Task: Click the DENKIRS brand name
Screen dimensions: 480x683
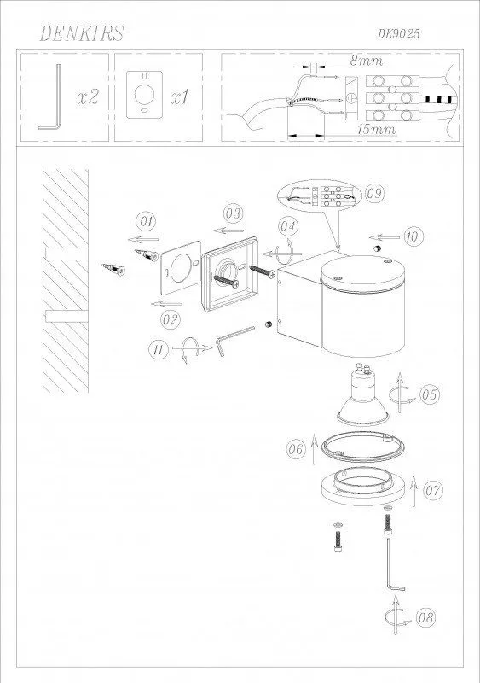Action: tap(82, 33)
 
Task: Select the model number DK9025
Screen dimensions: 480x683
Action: tap(398, 33)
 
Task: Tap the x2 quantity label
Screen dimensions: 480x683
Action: tap(88, 96)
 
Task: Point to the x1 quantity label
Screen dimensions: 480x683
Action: tap(180, 96)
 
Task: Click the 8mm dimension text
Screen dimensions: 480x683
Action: tap(367, 61)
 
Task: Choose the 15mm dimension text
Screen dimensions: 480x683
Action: tap(376, 130)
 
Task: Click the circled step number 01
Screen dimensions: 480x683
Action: tap(147, 222)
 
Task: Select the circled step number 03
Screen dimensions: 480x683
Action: tap(234, 214)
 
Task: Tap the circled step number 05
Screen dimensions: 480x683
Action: tap(430, 394)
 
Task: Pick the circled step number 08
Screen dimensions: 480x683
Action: tap(425, 617)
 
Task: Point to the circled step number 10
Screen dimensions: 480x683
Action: tap(413, 236)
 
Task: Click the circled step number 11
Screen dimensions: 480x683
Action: tap(159, 349)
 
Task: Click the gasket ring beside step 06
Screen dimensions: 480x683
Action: tap(363, 447)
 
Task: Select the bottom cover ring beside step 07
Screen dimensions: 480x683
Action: tap(363, 486)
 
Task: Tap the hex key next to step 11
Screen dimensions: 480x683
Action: tap(235, 341)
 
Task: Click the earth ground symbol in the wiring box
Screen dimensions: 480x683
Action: tap(350, 99)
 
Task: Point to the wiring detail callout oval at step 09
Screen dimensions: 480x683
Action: tap(319, 196)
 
